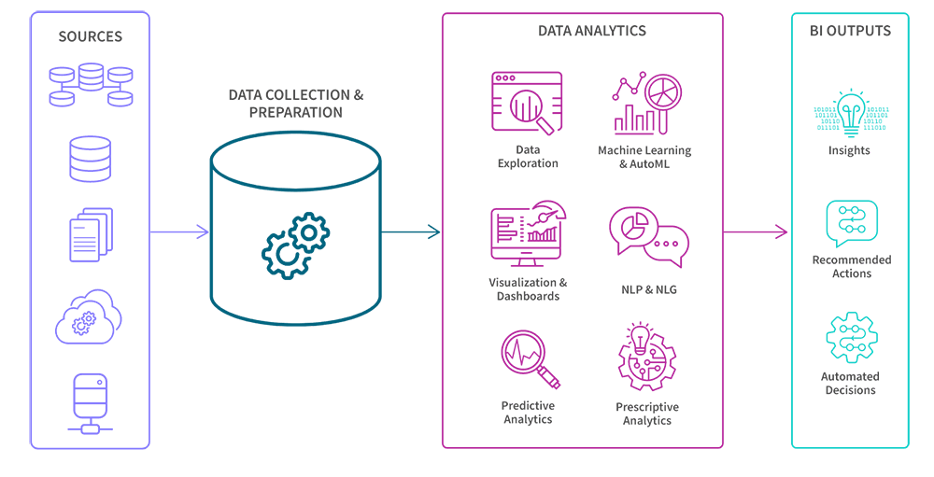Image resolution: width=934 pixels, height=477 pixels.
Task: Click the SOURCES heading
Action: tap(90, 36)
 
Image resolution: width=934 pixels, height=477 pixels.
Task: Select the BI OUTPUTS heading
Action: tap(849, 31)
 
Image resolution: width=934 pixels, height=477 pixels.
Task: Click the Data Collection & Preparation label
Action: tap(295, 104)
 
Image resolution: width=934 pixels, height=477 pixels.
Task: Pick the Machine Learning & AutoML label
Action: tap(645, 157)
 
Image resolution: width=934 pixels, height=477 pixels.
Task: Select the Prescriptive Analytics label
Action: tap(647, 414)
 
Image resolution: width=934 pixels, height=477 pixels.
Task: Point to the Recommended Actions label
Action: tap(851, 266)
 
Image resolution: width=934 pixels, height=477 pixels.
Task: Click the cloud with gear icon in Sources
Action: tap(90, 316)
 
